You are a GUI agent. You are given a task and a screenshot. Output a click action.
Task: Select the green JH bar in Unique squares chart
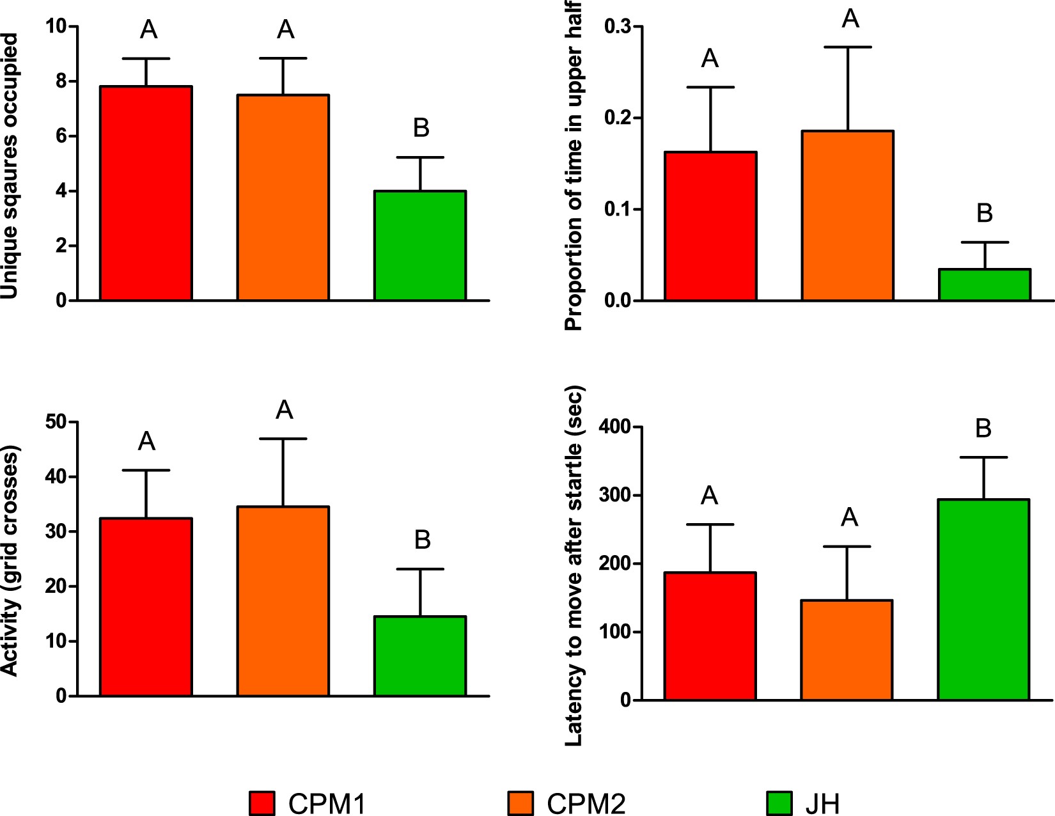420,246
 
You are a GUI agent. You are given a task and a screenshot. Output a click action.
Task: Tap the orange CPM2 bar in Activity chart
283,601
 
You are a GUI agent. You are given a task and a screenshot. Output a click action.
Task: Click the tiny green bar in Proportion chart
985,285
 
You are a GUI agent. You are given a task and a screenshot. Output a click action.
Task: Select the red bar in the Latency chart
710,636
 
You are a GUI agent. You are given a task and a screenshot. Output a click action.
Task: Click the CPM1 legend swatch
262,803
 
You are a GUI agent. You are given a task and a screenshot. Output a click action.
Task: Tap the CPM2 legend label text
586,804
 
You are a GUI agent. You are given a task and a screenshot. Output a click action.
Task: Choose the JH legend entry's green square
778,803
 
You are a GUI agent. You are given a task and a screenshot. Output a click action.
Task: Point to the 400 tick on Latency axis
614,427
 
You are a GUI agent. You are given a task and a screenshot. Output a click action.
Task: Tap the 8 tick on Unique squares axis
61,81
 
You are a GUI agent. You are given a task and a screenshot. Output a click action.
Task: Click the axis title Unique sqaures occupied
10,166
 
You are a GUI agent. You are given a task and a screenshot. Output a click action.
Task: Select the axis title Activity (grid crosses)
10,560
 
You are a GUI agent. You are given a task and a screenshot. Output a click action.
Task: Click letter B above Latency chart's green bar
983,428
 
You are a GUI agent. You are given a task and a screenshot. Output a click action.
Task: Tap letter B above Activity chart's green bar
422,540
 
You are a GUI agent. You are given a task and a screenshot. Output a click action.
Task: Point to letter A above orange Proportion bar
850,19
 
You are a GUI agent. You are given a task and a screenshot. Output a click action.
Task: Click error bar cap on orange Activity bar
283,439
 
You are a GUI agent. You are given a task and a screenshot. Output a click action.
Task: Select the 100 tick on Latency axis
614,632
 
